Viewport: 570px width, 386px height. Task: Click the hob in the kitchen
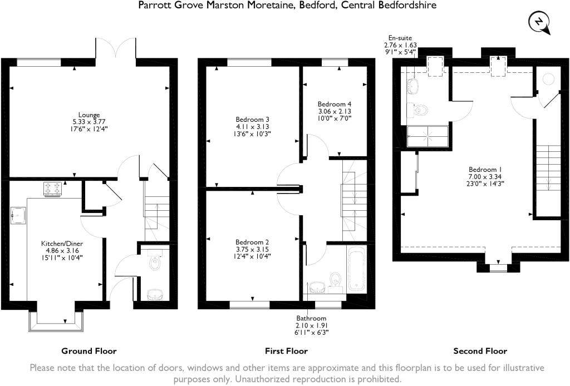click(x=53, y=189)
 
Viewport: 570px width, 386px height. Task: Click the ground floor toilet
click(x=155, y=261)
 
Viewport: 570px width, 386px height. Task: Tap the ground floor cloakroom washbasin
click(x=154, y=294)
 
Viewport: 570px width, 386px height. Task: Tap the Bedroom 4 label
click(x=335, y=104)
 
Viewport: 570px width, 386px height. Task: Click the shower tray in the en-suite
click(x=427, y=136)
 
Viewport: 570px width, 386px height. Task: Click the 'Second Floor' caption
click(x=480, y=351)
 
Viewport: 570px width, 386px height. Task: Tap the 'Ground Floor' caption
click(x=89, y=351)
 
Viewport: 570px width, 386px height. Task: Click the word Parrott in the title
click(x=154, y=5)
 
